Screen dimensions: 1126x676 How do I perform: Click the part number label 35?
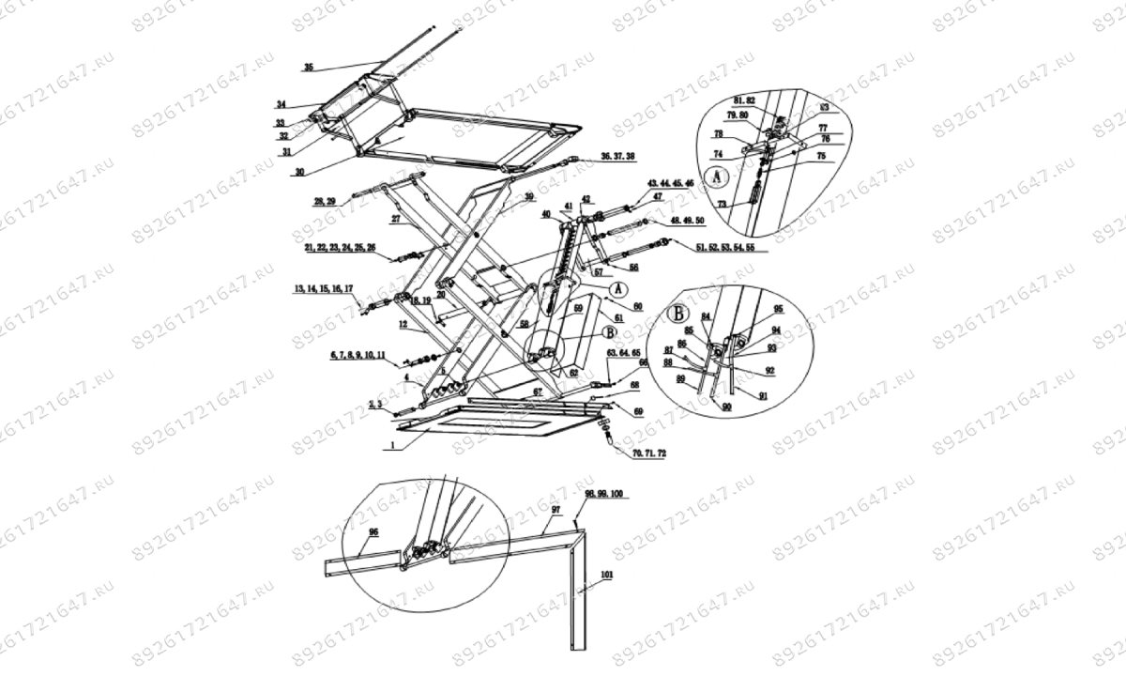(x=309, y=68)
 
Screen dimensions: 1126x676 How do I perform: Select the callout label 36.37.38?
(x=617, y=155)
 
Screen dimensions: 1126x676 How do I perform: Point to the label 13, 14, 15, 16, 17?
(x=324, y=288)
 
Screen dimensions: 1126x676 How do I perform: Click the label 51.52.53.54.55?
(x=723, y=247)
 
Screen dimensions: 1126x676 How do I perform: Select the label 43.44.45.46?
(x=669, y=182)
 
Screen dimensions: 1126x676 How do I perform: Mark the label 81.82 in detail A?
(x=744, y=100)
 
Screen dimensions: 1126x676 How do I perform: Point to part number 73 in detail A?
(x=722, y=205)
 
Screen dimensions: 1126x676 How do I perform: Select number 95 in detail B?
(x=776, y=309)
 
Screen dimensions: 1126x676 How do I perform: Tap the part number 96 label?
(x=373, y=531)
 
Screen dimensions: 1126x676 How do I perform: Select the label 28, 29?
(x=325, y=201)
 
